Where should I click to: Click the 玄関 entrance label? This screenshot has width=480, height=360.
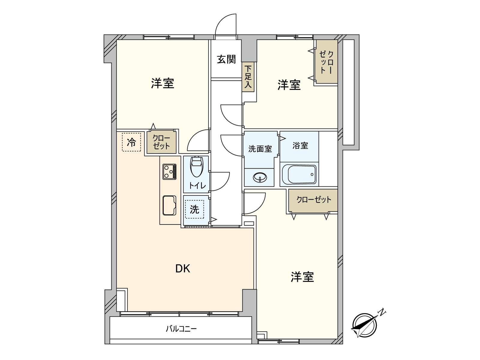click(x=226, y=59)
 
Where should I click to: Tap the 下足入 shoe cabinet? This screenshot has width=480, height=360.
click(x=248, y=77)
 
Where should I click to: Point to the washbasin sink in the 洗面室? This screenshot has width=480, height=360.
click(x=259, y=178)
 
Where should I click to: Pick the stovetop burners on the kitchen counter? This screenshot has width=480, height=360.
click(x=169, y=172)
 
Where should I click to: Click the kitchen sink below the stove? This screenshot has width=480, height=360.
click(x=169, y=205)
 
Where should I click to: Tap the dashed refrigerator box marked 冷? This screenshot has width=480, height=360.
click(x=131, y=142)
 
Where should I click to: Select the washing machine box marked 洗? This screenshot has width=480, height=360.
click(x=194, y=209)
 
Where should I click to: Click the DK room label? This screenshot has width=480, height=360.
click(x=182, y=269)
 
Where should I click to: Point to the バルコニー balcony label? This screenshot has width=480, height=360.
click(x=181, y=329)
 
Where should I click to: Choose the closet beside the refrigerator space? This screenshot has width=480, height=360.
click(x=161, y=142)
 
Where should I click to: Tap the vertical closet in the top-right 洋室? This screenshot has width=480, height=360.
click(x=326, y=62)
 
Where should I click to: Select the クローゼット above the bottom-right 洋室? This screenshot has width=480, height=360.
click(x=313, y=200)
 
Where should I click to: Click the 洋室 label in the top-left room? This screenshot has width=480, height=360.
click(x=162, y=83)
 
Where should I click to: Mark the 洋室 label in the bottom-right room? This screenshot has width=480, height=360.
click(x=302, y=277)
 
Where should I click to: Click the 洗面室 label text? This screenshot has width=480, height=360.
click(x=260, y=148)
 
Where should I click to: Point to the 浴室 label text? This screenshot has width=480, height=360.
click(x=300, y=145)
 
